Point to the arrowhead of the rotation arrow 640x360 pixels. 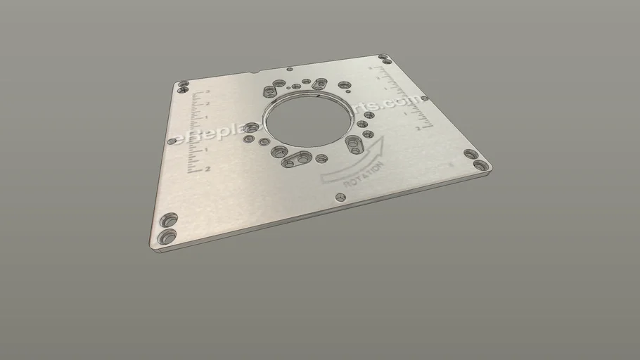coord(381,143)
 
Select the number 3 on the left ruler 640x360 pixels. coord(207,93)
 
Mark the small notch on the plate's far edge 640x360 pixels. coord(252,72)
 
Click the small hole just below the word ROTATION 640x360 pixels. coord(341,198)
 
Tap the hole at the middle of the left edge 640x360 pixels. coord(171,141)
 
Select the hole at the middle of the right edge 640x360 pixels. coord(424,98)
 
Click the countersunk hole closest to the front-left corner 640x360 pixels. coord(167,236)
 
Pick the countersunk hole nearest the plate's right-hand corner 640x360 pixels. coord(480,166)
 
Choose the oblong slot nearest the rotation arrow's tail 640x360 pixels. coord(296,160)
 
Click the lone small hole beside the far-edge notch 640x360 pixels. coord(289,70)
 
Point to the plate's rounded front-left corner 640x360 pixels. coord(152,246)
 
